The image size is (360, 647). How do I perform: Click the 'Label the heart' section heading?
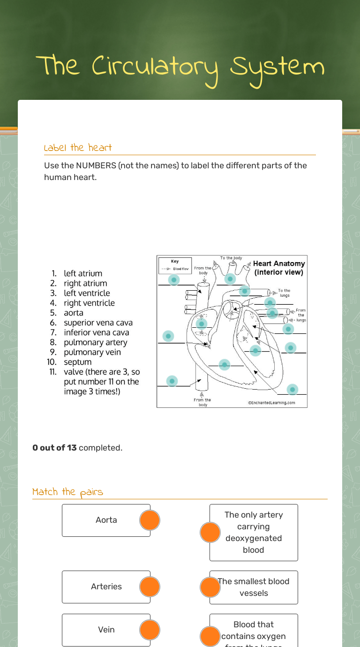[78, 148]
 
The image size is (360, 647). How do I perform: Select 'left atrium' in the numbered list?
[83, 273]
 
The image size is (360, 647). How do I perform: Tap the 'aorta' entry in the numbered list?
[74, 313]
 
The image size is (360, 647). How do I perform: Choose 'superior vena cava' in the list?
[98, 323]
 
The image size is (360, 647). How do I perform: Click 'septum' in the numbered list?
[78, 362]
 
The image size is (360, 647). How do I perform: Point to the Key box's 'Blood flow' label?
[180, 269]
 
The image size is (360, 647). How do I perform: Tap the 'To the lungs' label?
[284, 293]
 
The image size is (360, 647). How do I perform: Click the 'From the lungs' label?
[300, 315]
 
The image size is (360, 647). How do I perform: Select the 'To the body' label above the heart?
[231, 258]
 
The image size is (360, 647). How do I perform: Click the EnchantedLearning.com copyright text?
[272, 403]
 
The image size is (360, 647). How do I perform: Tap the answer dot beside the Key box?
[174, 280]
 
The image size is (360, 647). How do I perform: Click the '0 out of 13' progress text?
[54, 448]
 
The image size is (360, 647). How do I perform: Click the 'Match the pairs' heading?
[67, 492]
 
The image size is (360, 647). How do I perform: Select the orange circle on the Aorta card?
[150, 520]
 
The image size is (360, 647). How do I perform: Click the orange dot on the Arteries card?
[150, 587]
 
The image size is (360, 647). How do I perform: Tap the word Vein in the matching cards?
[106, 630]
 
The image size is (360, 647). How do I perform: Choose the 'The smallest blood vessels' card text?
[254, 587]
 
